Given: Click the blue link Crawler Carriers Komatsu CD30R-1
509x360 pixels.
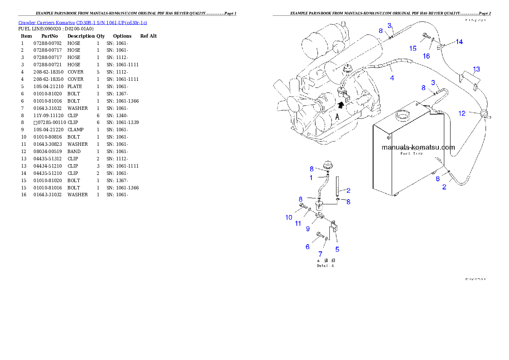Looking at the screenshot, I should (83, 22).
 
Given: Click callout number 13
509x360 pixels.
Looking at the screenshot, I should (476, 69).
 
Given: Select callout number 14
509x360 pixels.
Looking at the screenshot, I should (459, 42).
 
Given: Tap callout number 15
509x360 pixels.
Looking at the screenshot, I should (413, 48).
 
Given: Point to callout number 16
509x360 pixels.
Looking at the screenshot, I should (426, 56).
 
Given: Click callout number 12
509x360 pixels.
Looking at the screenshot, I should (462, 114).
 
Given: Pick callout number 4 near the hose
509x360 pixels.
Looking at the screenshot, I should (392, 78).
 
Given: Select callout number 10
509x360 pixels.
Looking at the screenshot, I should (289, 217).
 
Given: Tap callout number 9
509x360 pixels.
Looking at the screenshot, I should (308, 229).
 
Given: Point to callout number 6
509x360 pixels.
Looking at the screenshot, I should (307, 247).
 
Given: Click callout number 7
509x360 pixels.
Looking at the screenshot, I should (320, 254).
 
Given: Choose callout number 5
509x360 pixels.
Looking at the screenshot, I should (337, 249).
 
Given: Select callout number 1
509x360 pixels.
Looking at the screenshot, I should (311, 177).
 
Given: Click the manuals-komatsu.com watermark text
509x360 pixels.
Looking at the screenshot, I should (418, 147).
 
